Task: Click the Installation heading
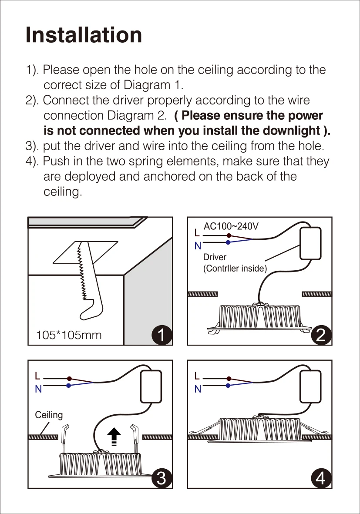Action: tap(84, 35)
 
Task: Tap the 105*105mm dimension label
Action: tap(69, 335)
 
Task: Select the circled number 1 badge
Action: tap(161, 335)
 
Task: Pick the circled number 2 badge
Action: tap(321, 335)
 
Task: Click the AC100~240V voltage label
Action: tap(231, 226)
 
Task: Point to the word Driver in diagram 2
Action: tap(215, 257)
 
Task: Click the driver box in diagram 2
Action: tap(310, 244)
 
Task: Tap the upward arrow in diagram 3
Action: tap(114, 436)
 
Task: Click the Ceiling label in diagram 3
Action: tap(49, 415)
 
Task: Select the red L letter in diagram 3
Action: tap(38, 376)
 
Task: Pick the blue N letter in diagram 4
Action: tap(198, 389)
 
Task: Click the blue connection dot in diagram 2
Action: tap(228, 242)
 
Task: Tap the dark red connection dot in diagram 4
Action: tap(229, 379)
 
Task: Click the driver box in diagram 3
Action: tap(151, 386)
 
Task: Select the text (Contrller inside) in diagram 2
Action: tap(235, 269)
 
